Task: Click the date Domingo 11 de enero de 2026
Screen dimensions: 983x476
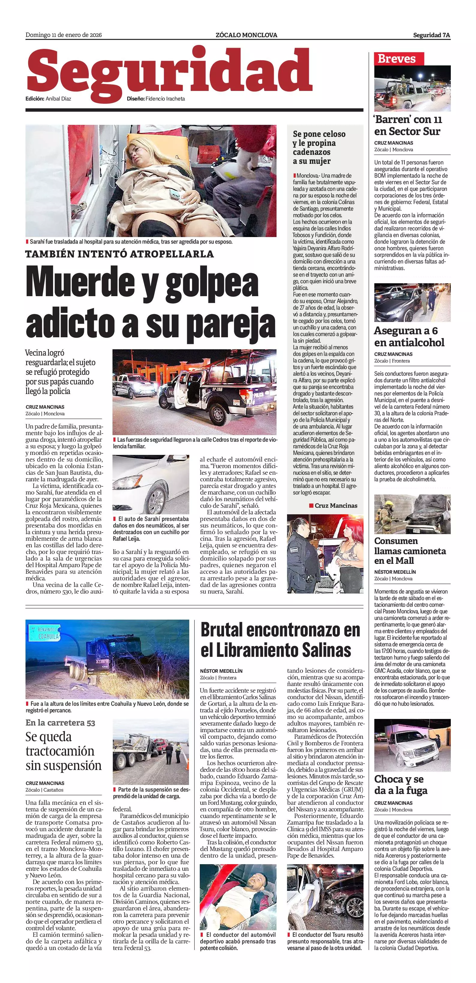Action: [x=63, y=35]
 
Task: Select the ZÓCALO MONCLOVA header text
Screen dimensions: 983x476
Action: [x=246, y=35]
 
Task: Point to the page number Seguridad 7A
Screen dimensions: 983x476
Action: [x=431, y=35]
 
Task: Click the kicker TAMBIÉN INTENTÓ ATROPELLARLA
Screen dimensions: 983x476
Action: [x=119, y=254]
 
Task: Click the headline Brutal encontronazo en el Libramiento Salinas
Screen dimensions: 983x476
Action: [x=280, y=639]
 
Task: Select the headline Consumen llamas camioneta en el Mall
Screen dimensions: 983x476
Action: [x=410, y=551]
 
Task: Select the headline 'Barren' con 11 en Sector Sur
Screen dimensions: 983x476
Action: [x=407, y=125]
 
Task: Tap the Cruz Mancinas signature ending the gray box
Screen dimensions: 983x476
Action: [x=336, y=506]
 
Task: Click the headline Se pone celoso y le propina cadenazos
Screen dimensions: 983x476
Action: [x=319, y=147]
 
